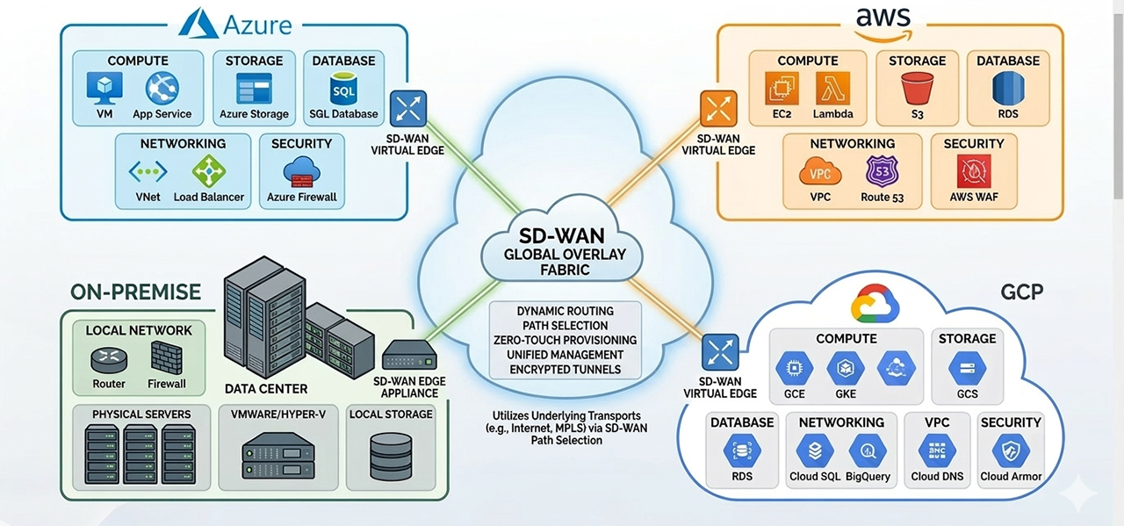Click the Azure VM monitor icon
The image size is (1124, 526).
[x=104, y=89]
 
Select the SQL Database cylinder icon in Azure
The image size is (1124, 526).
[x=342, y=90]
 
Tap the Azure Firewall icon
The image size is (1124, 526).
[x=301, y=170]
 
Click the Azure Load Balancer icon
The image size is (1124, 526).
[x=209, y=171]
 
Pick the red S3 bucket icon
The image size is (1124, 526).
[x=917, y=89]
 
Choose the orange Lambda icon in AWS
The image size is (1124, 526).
[x=832, y=89]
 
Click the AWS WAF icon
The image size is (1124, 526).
[x=974, y=170]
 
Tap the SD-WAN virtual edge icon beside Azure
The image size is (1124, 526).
[x=407, y=109]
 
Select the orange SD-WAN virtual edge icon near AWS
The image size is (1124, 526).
[x=718, y=108]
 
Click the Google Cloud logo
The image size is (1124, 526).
[x=875, y=305]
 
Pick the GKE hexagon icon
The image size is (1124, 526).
[x=845, y=369]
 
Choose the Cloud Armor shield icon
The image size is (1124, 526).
[x=1010, y=451]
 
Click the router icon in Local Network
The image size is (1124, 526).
[x=109, y=360]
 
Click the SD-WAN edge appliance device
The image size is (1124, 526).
[x=410, y=355]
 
